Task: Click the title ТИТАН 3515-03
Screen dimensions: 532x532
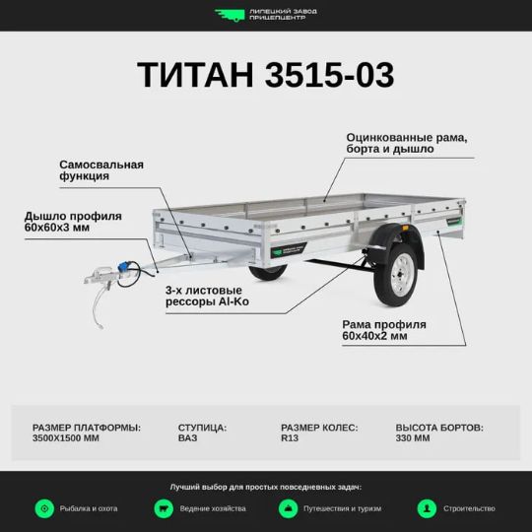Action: [266, 75]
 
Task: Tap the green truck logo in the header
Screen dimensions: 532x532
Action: [230, 15]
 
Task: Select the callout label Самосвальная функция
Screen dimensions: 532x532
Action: [101, 170]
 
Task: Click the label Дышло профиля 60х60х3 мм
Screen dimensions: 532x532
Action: [73, 222]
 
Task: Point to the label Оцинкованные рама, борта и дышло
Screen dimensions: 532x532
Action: [407, 143]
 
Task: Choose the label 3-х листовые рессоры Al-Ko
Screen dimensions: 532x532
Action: [207, 296]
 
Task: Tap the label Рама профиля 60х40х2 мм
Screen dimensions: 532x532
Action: [384, 330]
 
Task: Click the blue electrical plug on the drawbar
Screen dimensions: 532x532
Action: [123, 267]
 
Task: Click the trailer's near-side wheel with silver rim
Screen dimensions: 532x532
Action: [396, 275]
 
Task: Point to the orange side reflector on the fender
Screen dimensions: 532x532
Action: [405, 228]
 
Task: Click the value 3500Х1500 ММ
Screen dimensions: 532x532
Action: [66, 438]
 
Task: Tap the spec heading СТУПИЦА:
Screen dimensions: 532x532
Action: [202, 428]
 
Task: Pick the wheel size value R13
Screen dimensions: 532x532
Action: [290, 438]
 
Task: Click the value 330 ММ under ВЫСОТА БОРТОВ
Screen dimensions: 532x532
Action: [413, 438]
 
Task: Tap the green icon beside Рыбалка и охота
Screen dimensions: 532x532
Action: [44, 508]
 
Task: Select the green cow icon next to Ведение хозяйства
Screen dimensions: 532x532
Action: [164, 508]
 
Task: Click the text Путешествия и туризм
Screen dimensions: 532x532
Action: [342, 508]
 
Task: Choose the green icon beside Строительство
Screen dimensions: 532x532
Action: [427, 508]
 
